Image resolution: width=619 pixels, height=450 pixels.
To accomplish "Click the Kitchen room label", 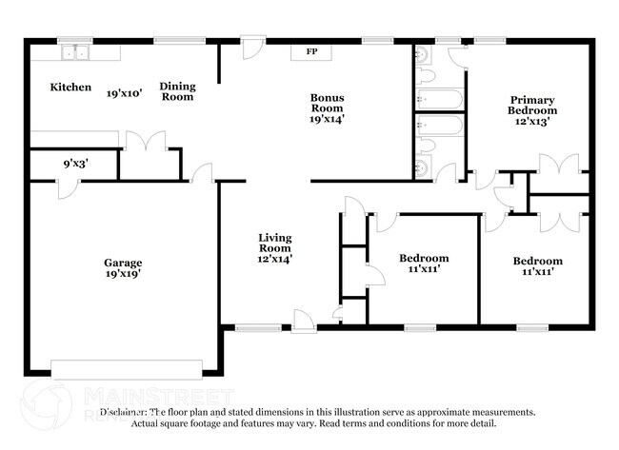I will click(70, 88).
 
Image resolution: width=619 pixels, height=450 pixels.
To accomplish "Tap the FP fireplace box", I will click(311, 51).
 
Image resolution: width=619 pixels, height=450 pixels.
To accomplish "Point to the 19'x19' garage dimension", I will click(124, 274).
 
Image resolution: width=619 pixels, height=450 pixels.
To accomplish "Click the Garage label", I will click(124, 263).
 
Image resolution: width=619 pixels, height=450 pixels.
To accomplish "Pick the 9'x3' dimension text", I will click(74, 164).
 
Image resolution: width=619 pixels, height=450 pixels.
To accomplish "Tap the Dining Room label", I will click(177, 91).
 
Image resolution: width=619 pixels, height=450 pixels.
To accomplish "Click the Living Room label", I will click(275, 242).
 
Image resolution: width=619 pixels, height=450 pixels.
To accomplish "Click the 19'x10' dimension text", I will click(125, 93).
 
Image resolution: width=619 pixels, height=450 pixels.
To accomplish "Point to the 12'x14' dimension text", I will click(275, 257).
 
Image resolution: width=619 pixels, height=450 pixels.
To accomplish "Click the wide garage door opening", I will click(127, 368).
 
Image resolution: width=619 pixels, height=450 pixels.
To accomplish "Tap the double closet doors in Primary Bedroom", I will click(564, 164).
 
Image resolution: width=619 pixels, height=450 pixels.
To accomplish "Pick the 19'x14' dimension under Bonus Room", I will click(327, 119).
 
